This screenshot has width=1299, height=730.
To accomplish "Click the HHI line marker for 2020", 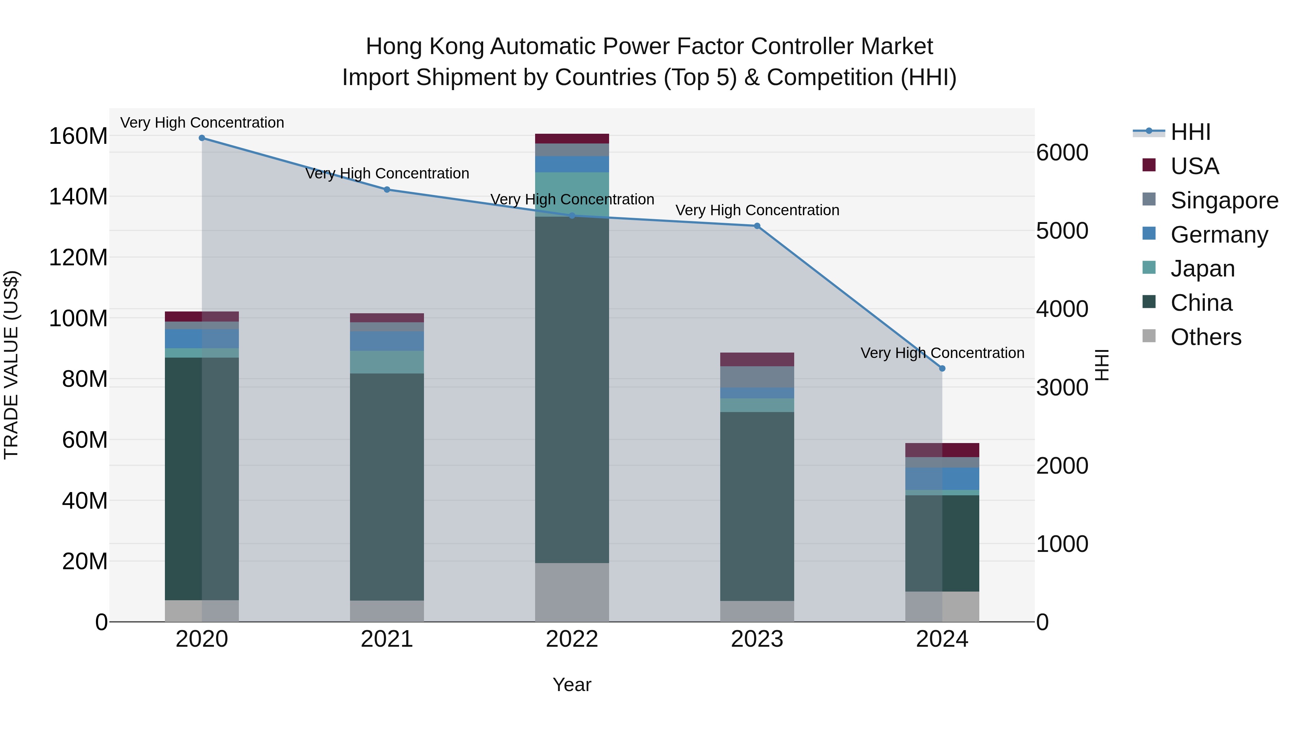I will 202,138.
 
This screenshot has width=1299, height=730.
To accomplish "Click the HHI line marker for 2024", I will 942,368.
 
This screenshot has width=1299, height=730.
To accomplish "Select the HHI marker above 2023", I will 757,226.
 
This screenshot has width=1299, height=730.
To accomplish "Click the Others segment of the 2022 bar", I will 572,592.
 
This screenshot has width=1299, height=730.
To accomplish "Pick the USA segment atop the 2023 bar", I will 757,359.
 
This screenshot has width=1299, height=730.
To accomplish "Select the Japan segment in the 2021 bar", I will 387,362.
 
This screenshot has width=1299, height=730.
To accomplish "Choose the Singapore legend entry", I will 1224,200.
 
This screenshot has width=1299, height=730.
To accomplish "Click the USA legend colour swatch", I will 1149,165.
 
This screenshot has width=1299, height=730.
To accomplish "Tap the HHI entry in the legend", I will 1190,132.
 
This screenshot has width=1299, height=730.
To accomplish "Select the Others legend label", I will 1206,337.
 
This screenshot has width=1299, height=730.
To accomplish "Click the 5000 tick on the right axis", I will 1062,231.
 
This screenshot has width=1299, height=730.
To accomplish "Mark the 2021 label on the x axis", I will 387,639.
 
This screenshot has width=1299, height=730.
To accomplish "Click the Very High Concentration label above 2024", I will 942,353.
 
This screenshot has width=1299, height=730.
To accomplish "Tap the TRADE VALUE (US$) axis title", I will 11,365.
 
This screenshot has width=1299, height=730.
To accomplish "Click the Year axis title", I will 572,685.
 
